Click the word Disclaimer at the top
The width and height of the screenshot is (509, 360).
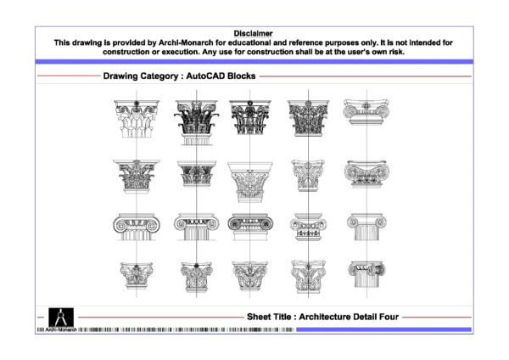click(253, 32)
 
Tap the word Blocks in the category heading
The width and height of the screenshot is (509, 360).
click(238, 76)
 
